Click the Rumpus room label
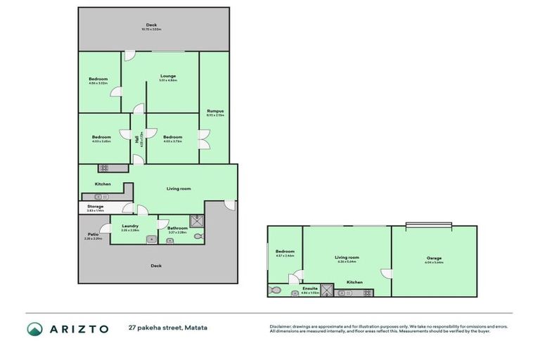215,111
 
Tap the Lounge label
167,76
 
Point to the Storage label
94,206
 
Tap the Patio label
93,235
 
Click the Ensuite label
309,288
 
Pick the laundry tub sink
150,240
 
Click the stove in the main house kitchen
103,168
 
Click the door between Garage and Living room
386,274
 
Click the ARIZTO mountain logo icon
34,328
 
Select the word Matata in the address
195,328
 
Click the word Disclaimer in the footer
281,327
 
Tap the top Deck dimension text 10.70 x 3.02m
152,30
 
